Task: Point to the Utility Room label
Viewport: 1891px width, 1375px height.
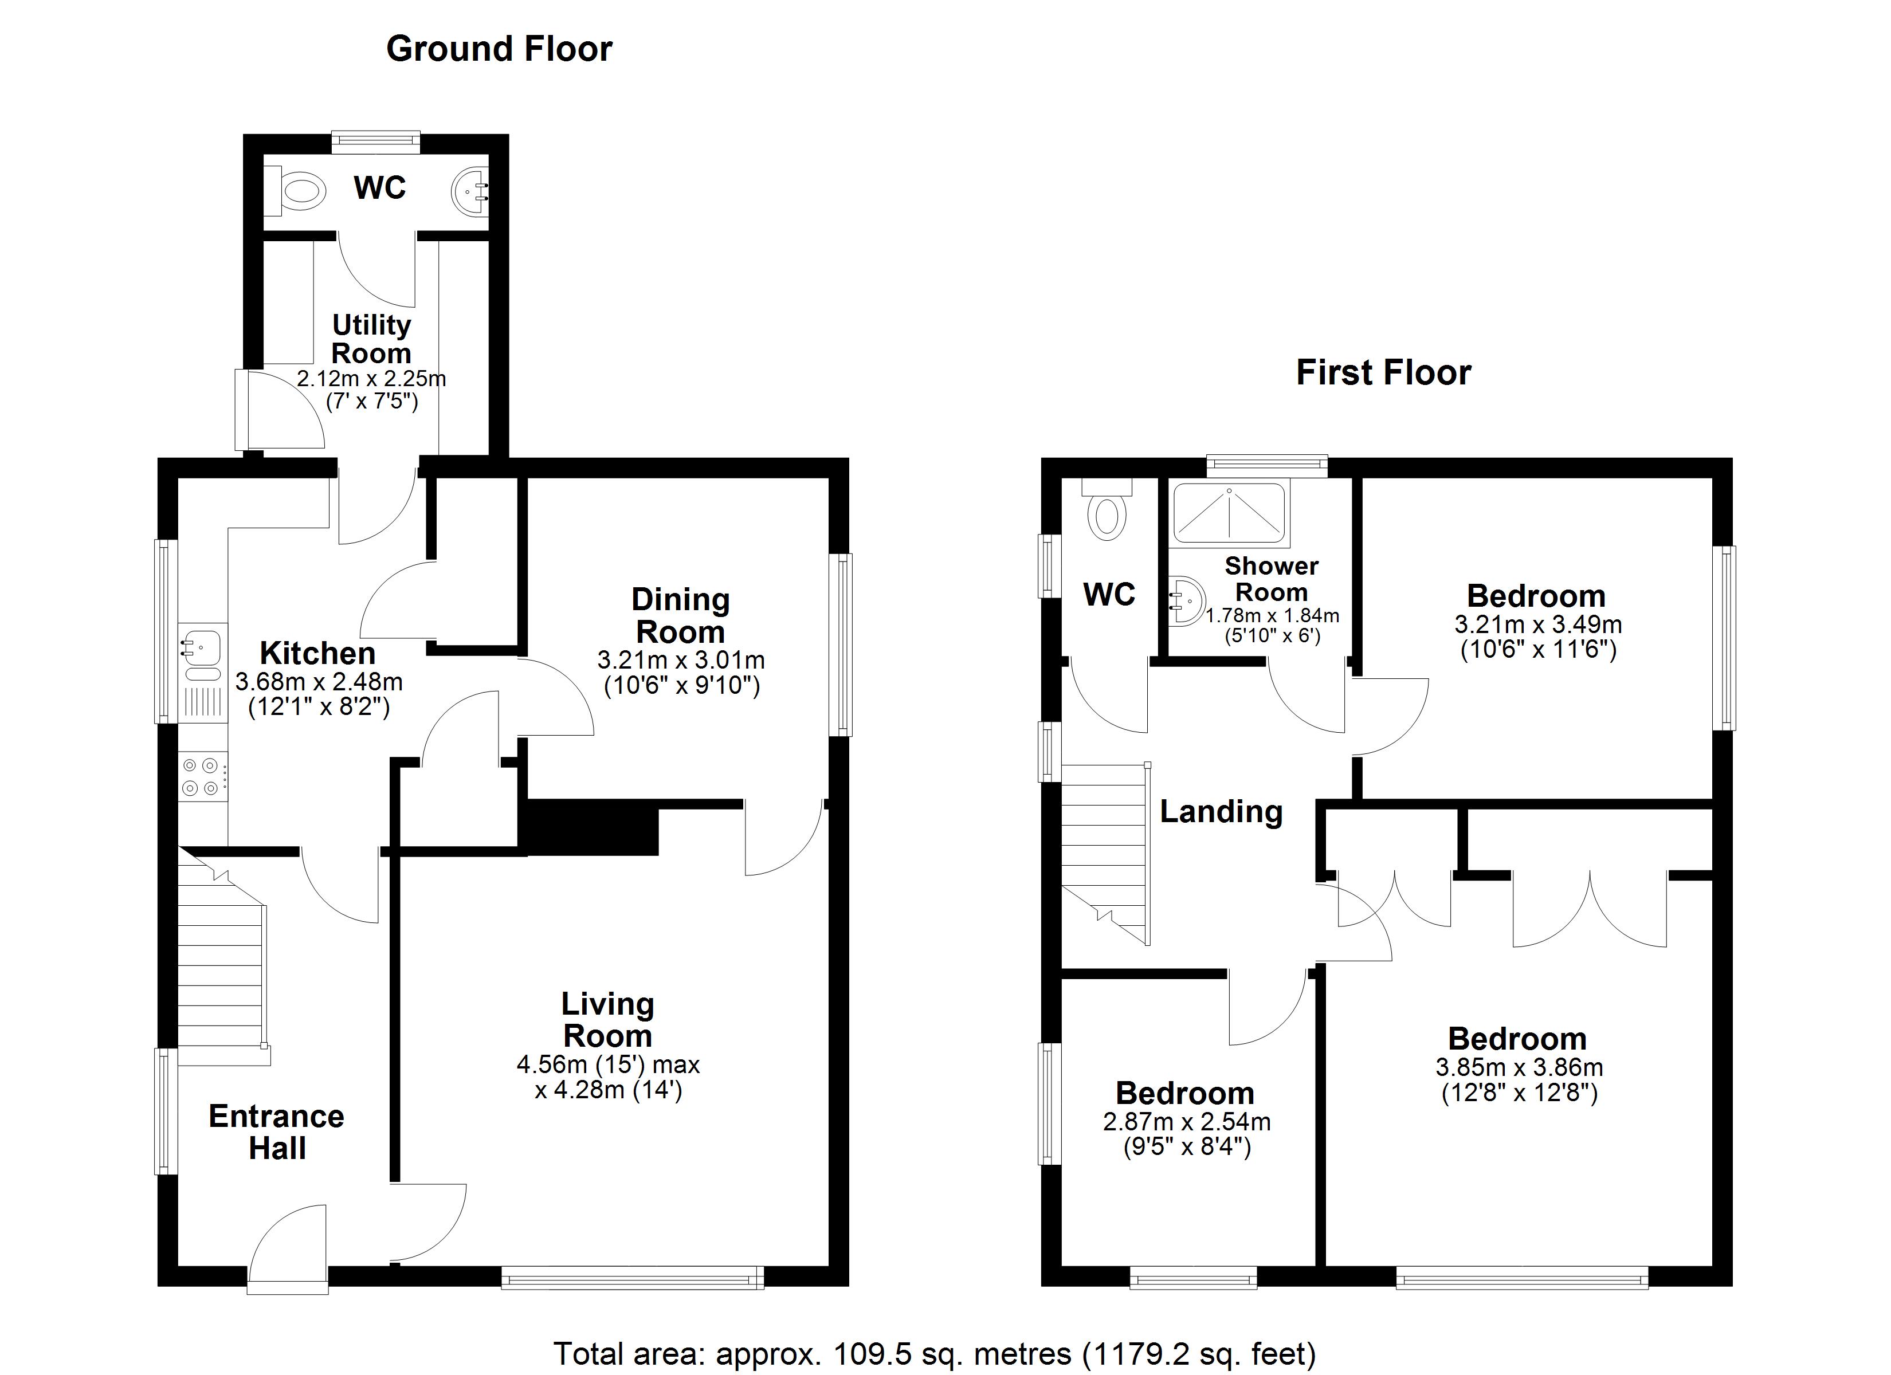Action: [x=371, y=339]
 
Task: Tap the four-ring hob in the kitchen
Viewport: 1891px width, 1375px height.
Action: [x=202, y=776]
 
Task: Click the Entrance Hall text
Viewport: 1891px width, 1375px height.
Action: [x=276, y=1132]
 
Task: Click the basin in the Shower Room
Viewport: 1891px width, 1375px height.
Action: [x=1187, y=599]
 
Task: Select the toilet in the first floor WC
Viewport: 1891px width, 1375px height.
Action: [x=1107, y=512]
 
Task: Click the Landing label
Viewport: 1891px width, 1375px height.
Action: [x=1221, y=811]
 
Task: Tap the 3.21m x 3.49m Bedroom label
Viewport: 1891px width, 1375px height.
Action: [x=1536, y=596]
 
